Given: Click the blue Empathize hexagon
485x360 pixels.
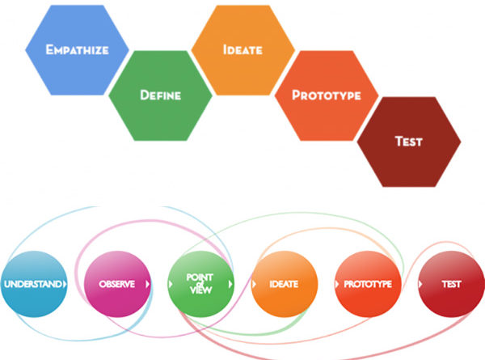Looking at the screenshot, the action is coord(77,50).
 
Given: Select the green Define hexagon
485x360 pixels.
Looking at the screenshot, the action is coord(160,95).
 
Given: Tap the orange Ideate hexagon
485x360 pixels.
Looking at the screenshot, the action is coord(242,50).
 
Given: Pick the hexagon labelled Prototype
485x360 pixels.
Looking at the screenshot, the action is coord(327,95).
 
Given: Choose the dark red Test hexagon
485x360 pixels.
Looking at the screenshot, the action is coord(409,142).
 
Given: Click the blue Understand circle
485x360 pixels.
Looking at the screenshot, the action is coord(34,284).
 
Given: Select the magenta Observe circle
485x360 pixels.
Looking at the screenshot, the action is coord(117,284).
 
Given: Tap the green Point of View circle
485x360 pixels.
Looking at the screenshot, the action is coord(200,284).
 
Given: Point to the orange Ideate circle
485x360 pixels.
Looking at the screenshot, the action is coord(285,284).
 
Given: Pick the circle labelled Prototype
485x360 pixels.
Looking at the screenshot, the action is coord(368,284).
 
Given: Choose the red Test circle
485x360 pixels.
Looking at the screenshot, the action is coord(451,284).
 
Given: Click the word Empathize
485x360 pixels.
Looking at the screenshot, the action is coord(77,50).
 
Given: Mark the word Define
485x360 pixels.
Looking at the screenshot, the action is coord(160,95).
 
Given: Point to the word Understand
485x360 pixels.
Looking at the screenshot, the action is coord(32,284).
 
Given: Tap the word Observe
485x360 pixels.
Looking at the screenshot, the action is coord(117,284).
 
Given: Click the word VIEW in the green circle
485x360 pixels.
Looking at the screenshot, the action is coord(200,290).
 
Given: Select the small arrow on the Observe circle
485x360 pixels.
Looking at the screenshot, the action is coord(148,284).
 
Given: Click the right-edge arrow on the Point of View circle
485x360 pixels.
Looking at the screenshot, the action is coord(230,284).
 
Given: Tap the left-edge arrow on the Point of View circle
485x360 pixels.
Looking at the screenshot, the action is coord(171,284).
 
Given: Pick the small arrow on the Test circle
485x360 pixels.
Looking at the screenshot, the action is coord(420,284).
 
